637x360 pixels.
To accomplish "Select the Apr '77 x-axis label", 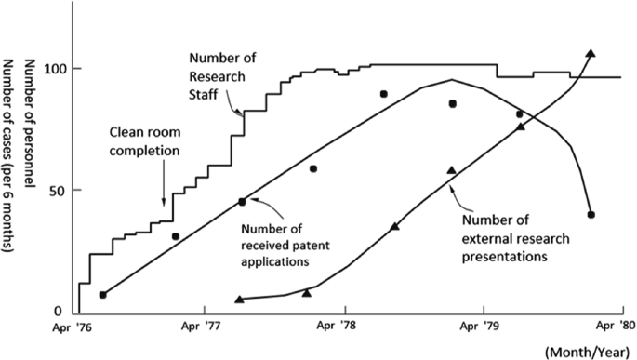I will pyautogui.click(x=206, y=327).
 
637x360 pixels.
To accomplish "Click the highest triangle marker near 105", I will pyautogui.click(x=591, y=54).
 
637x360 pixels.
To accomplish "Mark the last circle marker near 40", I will pyautogui.click(x=591, y=215).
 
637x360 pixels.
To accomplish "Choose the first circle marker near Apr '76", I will pyautogui.click(x=102, y=295).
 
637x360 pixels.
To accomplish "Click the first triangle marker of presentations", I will pyautogui.click(x=240, y=299).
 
